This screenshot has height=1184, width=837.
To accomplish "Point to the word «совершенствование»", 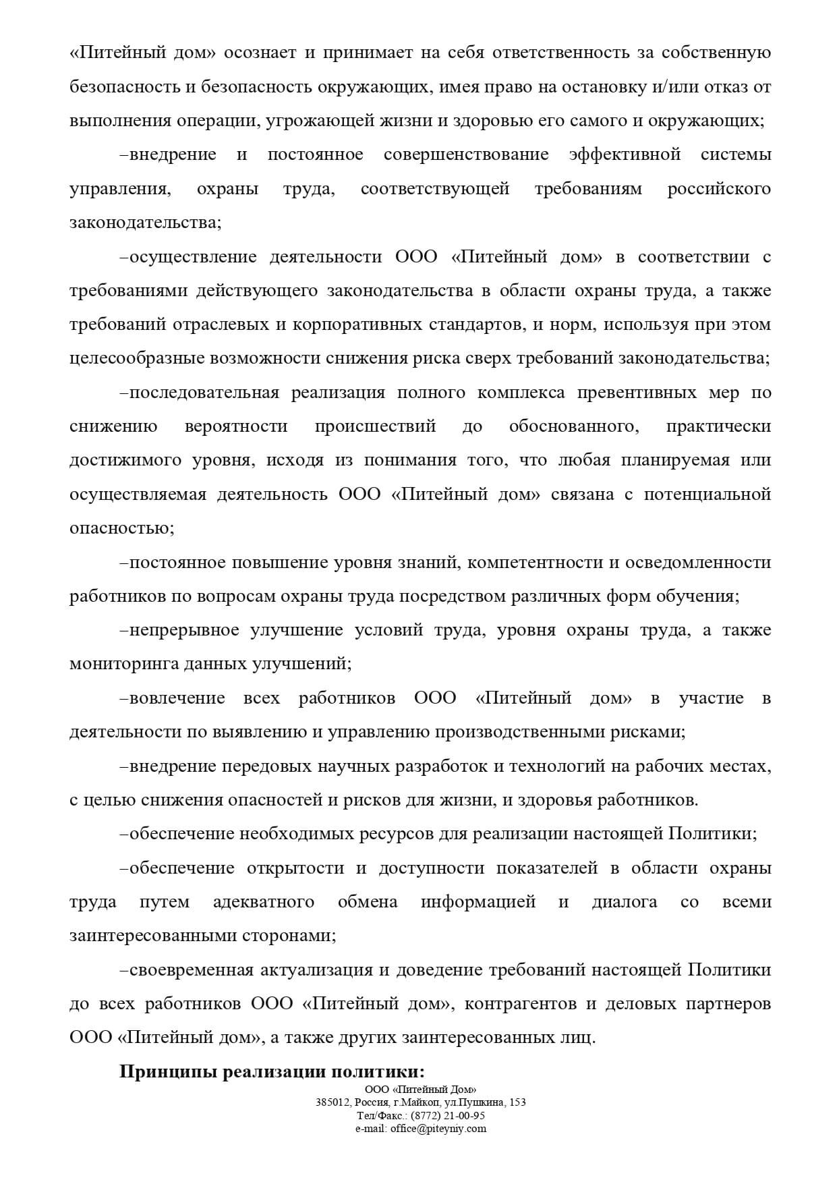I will (x=466, y=154).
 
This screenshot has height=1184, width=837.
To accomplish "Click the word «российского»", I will (x=719, y=188).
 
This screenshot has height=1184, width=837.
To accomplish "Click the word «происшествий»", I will (x=375, y=426).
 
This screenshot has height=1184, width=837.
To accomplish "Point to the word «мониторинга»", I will (x=123, y=664).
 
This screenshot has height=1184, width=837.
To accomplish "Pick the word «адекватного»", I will (x=263, y=902).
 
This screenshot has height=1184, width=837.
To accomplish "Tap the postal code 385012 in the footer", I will (x=330, y=1102).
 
